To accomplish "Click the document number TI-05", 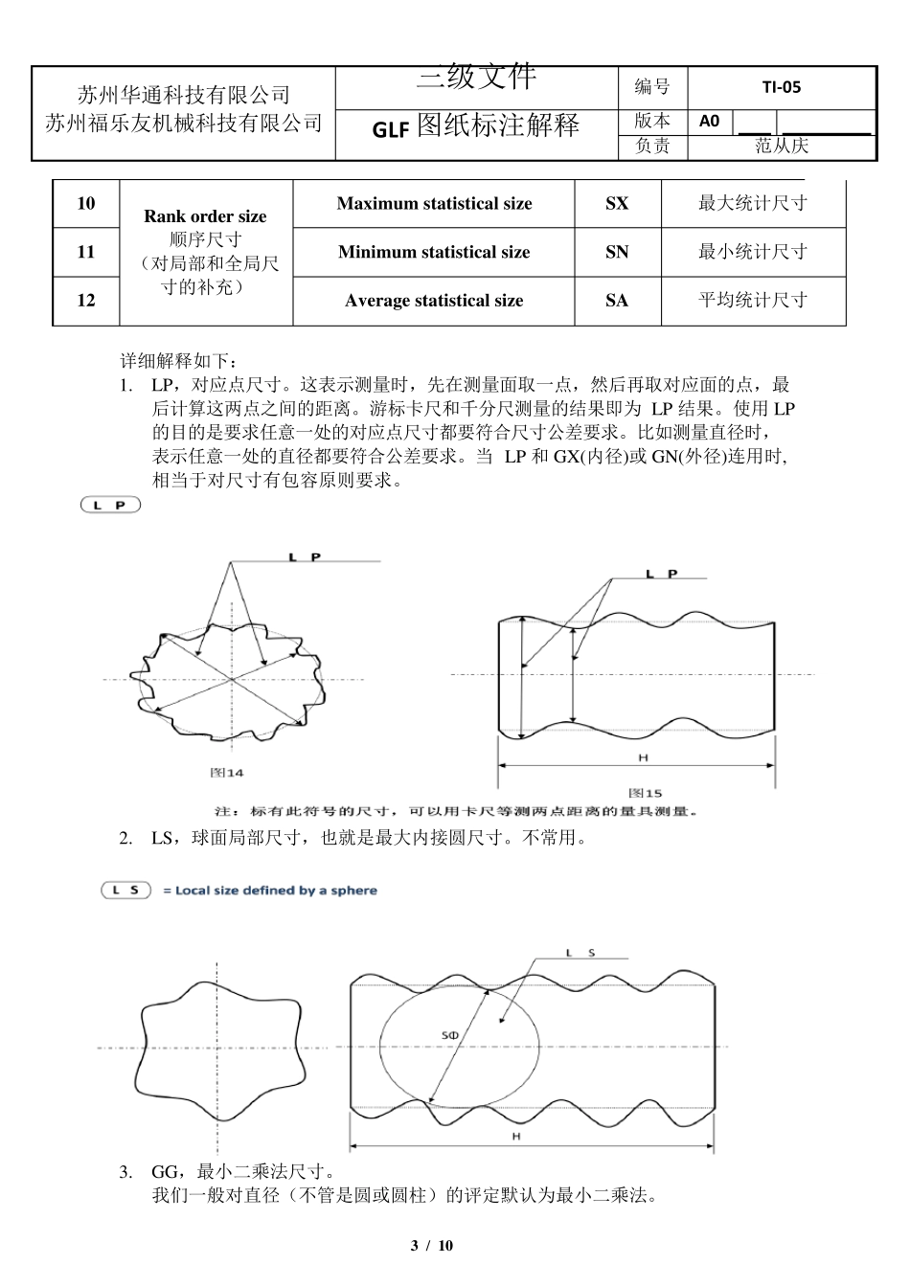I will click(781, 87).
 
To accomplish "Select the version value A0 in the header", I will click(709, 121).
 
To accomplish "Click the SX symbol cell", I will click(617, 203).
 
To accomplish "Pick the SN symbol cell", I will click(617, 252).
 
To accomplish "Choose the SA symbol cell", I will click(617, 301).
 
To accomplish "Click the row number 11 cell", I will click(86, 252).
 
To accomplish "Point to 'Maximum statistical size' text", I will click(434, 203).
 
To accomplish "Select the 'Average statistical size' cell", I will click(434, 301).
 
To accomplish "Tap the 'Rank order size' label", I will click(205, 216).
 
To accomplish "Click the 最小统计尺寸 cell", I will click(753, 252).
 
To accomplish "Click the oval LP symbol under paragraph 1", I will click(111, 505).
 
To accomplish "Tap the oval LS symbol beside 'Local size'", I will click(126, 891).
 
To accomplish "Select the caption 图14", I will click(227, 772).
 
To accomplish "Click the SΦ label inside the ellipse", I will click(449, 1036).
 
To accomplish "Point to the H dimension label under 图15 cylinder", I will click(643, 758).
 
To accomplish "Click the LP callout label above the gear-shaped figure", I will click(304, 556).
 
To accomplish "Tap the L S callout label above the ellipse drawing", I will click(580, 953).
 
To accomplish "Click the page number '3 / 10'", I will click(431, 1245).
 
